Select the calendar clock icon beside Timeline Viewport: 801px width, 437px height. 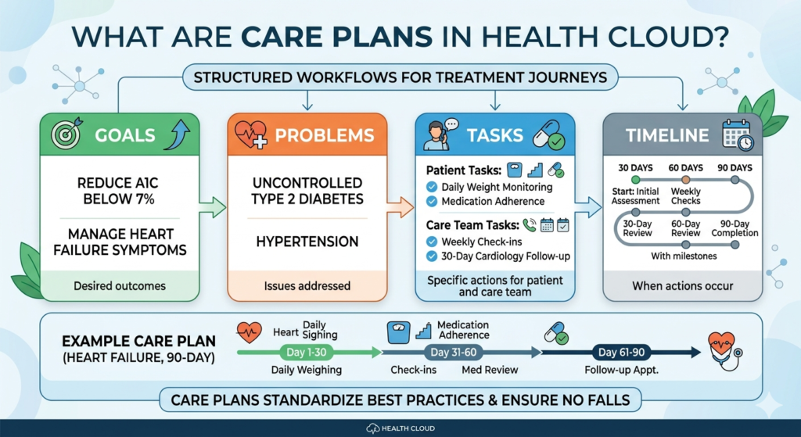click(x=737, y=135)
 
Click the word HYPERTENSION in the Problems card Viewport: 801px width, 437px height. click(x=307, y=242)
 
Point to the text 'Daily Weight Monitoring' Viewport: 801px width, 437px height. click(x=497, y=187)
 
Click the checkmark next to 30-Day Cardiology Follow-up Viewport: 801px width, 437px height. click(x=431, y=256)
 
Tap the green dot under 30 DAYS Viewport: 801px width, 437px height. click(x=636, y=180)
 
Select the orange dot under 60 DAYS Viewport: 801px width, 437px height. click(x=685, y=180)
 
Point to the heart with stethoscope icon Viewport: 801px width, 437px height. click(x=724, y=349)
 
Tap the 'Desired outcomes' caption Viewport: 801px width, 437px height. click(x=119, y=285)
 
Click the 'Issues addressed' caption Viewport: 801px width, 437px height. click(x=307, y=285)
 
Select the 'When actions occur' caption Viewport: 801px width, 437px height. click(x=682, y=285)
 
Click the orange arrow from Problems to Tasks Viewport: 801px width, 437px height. click(x=400, y=208)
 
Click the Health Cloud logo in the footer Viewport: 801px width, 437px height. click(x=400, y=428)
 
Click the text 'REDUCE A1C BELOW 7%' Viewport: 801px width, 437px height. click(x=119, y=189)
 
